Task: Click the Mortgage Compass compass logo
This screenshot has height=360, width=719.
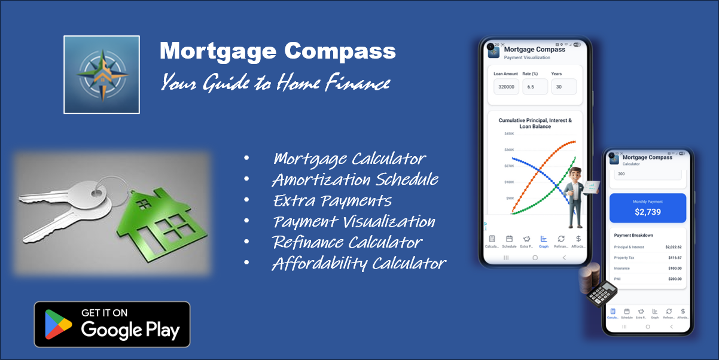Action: click(x=101, y=75)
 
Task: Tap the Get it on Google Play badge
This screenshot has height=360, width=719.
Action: click(x=112, y=324)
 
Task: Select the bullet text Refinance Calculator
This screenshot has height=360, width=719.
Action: click(x=347, y=242)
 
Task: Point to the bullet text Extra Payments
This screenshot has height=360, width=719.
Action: click(x=332, y=200)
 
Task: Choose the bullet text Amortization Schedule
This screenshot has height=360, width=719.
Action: click(x=355, y=179)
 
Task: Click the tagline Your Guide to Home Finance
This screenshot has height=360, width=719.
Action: click(x=275, y=83)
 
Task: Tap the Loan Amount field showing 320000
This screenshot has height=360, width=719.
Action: click(x=506, y=87)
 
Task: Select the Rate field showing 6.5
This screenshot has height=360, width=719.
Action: click(x=535, y=87)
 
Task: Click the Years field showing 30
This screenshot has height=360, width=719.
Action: click(x=563, y=87)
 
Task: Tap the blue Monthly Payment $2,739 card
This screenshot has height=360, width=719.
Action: click(x=647, y=208)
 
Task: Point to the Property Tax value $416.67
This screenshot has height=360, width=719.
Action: click(x=674, y=258)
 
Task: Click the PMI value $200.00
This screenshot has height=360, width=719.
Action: click(x=674, y=279)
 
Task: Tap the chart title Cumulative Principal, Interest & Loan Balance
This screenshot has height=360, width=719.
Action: click(x=535, y=123)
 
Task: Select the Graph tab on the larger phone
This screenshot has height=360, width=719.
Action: click(x=544, y=241)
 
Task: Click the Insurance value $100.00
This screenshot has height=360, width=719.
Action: click(x=674, y=269)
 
